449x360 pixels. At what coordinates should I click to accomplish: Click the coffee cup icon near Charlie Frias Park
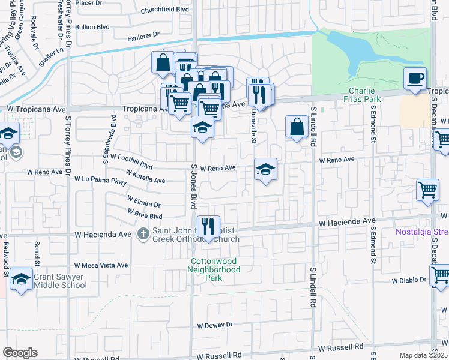[x=415, y=78]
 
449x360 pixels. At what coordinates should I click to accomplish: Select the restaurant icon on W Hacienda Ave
[x=208, y=227]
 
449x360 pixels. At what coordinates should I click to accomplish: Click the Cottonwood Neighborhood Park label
[x=215, y=265]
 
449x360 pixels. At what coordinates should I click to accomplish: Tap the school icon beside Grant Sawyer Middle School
[x=22, y=278]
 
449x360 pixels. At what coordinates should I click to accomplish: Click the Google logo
[x=20, y=353]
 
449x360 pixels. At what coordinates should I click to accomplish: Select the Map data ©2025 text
[x=423, y=355]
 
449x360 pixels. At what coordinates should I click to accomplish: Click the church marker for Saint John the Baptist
[x=143, y=233]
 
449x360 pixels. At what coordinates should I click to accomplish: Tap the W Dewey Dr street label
[x=214, y=325]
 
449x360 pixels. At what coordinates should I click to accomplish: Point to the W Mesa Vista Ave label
[x=101, y=265]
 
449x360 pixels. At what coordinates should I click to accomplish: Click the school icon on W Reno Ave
[x=265, y=169]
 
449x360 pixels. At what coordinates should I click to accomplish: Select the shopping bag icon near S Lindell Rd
[x=297, y=127]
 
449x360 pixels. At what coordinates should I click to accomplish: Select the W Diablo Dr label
[x=409, y=280]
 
